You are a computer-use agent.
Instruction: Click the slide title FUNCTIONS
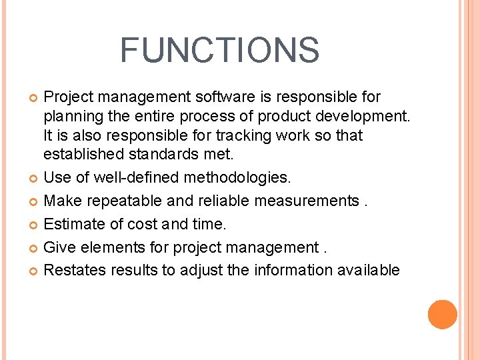pos(220,50)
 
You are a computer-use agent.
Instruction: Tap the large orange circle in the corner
pos(443,315)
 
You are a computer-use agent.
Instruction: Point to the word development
pos(370,117)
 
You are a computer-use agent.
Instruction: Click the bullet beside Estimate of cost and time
pos(34,225)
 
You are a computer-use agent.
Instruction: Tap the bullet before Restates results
pos(34,271)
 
